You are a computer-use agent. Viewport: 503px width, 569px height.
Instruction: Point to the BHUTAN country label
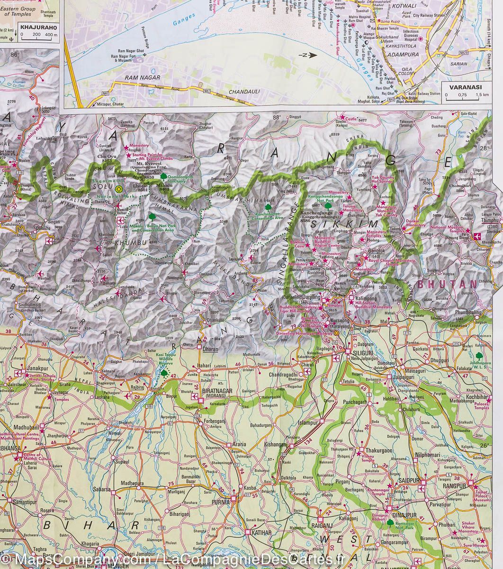click(450, 284)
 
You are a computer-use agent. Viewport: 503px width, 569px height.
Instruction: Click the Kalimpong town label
click(368, 299)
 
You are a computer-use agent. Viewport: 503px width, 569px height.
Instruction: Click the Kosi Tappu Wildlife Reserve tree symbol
click(164, 373)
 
